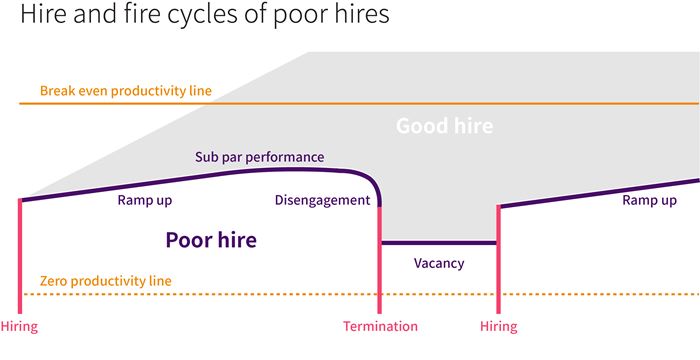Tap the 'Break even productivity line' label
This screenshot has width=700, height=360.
click(126, 91)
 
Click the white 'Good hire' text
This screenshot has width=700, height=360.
click(444, 127)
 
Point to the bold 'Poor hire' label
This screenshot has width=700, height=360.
click(211, 240)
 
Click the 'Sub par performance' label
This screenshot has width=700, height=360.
click(259, 157)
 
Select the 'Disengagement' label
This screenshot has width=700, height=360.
click(322, 201)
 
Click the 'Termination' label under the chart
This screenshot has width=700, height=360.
click(380, 326)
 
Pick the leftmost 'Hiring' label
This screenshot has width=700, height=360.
click(19, 326)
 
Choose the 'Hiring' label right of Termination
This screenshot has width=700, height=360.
click(498, 326)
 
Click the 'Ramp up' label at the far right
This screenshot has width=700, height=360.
click(649, 201)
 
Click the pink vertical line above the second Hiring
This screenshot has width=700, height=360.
click(498, 260)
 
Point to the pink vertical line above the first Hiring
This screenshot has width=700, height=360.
click(19, 255)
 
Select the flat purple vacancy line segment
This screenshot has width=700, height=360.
click(439, 243)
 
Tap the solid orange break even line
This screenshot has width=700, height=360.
click(450, 103)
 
